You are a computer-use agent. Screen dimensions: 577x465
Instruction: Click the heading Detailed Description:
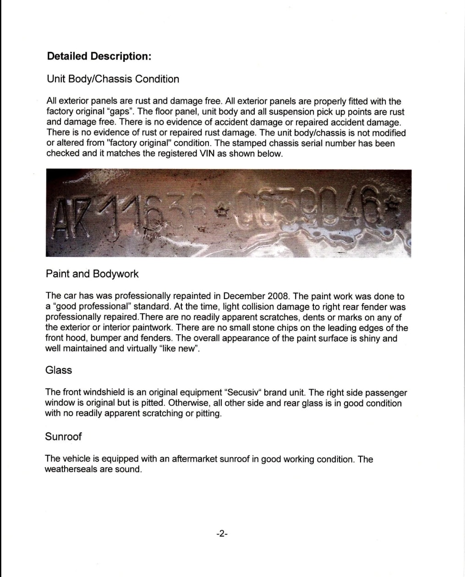pos(99,56)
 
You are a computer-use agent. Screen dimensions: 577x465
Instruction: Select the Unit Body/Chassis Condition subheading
pos(113,79)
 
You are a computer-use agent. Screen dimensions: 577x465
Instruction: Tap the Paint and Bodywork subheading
pos(92,274)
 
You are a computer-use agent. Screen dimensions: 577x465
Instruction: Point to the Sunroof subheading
pos(63,436)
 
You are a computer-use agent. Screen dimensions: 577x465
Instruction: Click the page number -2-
pos(222,534)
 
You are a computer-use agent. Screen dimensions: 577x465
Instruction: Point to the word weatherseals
pos(69,469)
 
